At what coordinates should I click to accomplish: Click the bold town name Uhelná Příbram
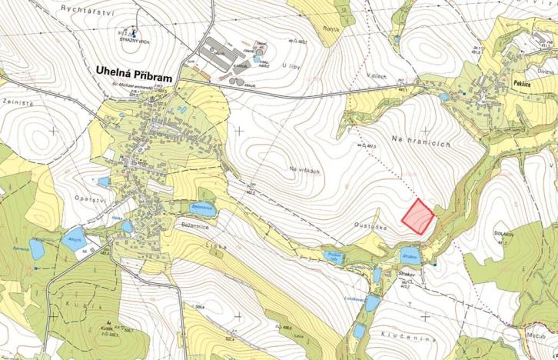(133, 70)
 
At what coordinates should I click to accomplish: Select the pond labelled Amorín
(75, 239)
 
